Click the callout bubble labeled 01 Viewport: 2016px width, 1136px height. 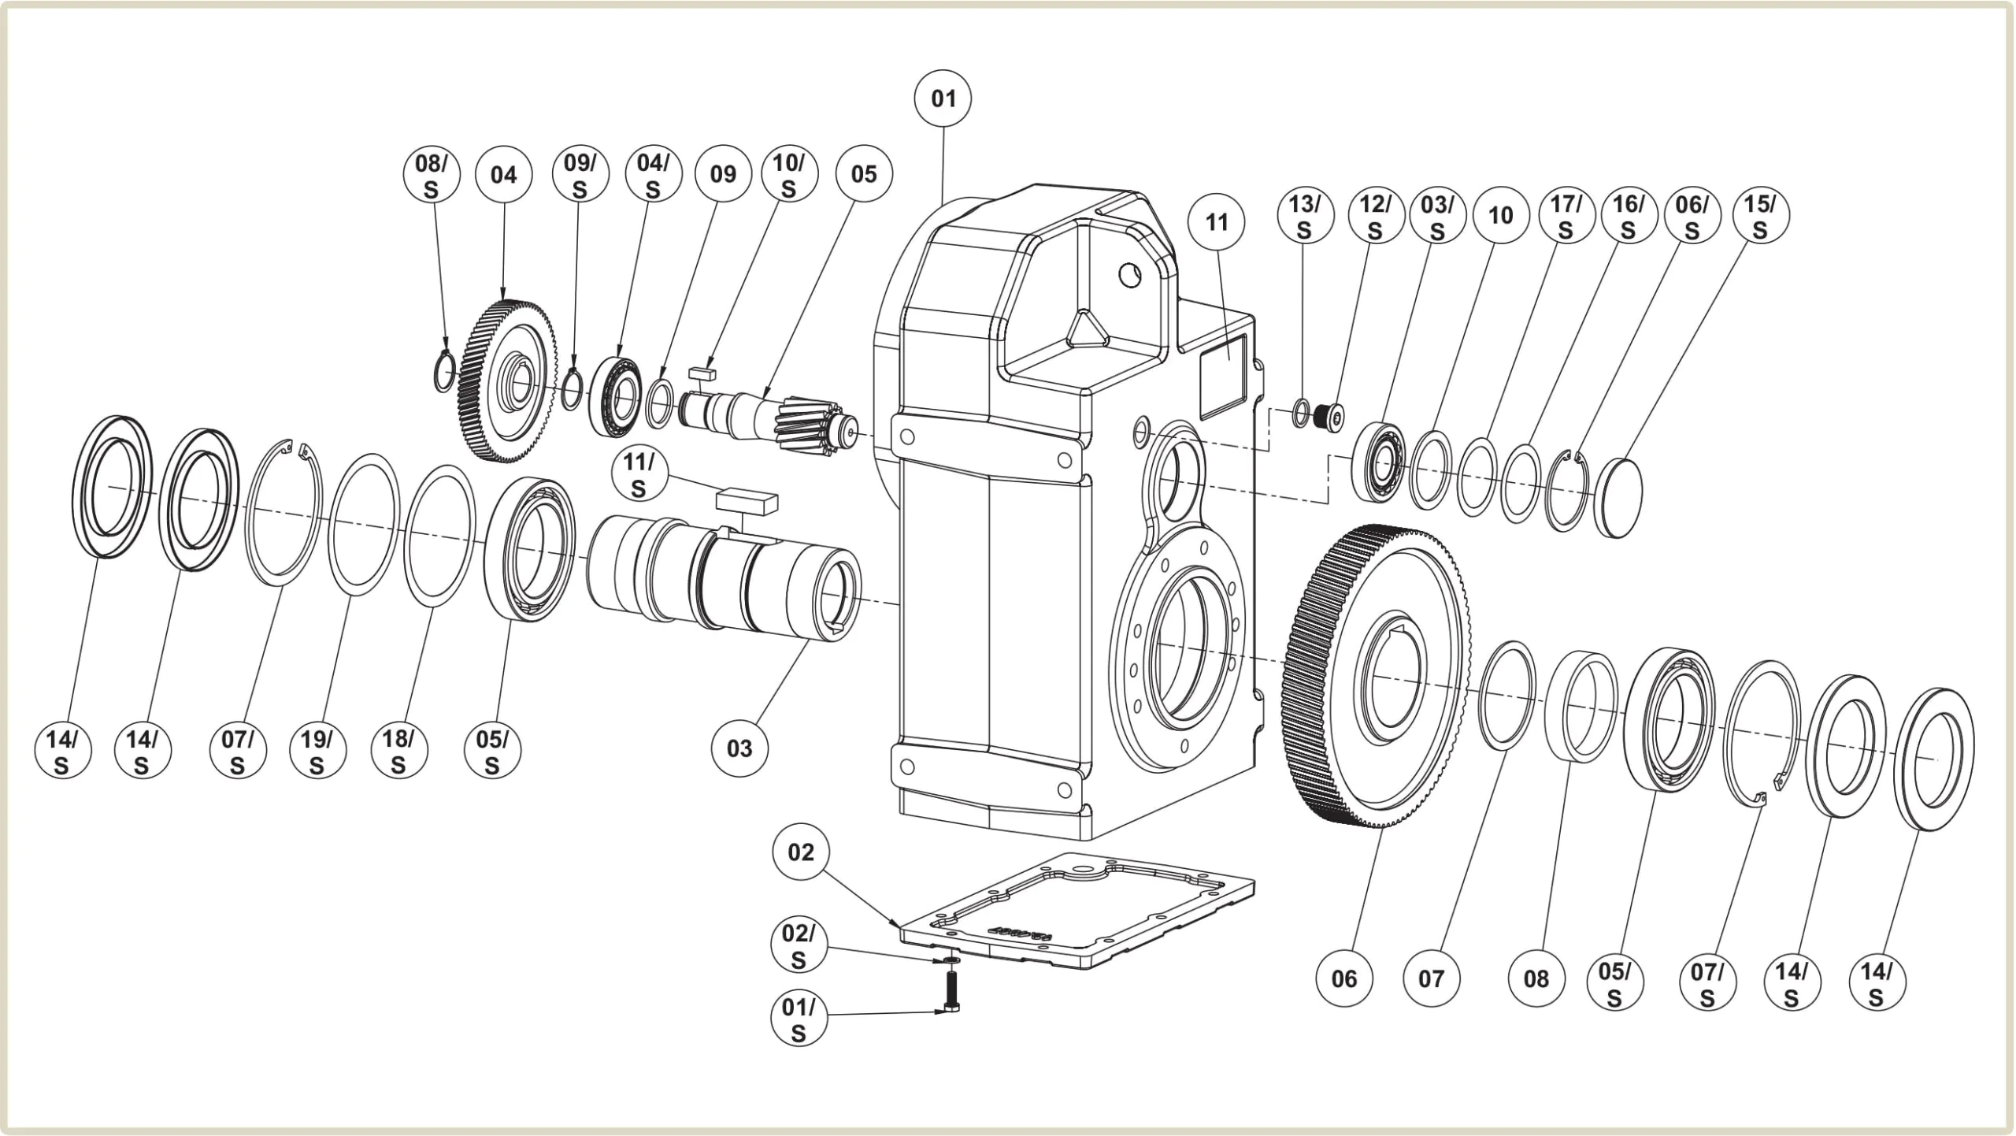[x=943, y=98]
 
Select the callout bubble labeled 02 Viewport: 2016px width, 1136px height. [x=800, y=852]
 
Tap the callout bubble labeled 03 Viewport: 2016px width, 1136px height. [x=739, y=748]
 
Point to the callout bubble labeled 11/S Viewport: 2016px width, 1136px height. [x=639, y=475]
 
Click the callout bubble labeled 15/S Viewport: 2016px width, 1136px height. [x=1760, y=216]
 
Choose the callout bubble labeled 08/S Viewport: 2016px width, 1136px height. [x=431, y=176]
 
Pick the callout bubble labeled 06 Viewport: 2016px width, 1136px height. [x=1344, y=979]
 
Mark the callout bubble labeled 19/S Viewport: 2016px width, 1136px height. [x=317, y=752]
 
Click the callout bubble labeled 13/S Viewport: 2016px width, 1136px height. [x=1305, y=216]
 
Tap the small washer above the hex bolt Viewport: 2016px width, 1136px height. [x=951, y=960]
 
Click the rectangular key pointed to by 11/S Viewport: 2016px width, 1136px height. [x=747, y=502]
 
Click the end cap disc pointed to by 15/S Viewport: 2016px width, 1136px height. [x=1619, y=497]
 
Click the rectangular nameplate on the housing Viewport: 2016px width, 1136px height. [x=1221, y=373]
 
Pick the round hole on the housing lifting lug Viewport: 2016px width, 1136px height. [x=1130, y=276]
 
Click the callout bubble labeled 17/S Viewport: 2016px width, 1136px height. [x=1566, y=216]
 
